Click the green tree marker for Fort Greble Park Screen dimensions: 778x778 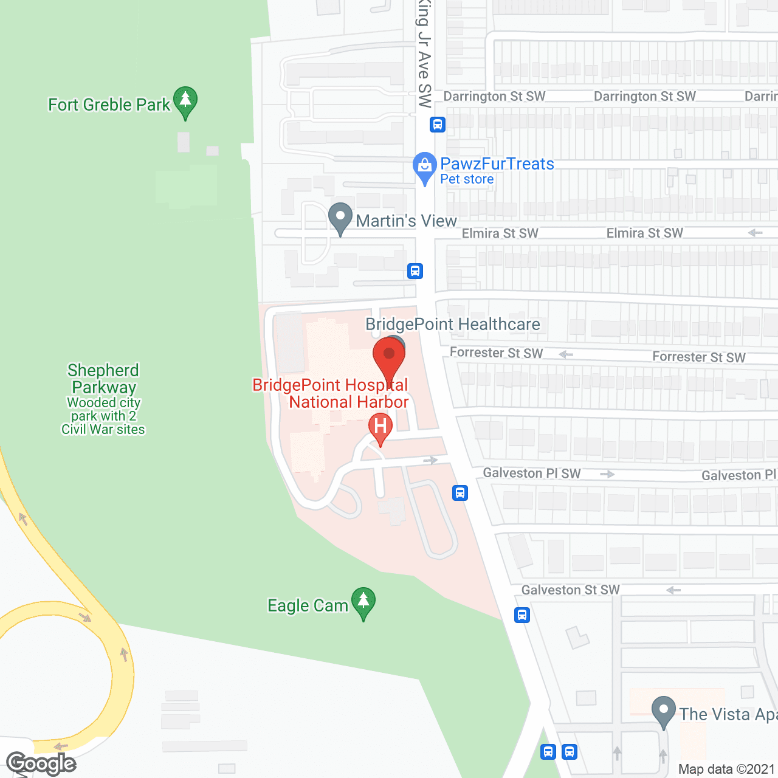tap(185, 102)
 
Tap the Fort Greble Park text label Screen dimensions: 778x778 tap(109, 105)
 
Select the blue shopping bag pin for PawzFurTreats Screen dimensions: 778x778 tap(424, 167)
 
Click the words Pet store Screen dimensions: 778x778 tap(467, 179)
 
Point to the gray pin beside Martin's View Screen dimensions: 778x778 tap(340, 218)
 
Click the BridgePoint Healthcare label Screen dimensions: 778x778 tap(453, 325)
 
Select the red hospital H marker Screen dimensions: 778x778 tap(380, 427)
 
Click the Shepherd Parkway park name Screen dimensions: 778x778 tap(104, 379)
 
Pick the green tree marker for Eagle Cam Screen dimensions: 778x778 tap(363, 602)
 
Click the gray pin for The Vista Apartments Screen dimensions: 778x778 tap(663, 711)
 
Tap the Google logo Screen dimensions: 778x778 tap(41, 763)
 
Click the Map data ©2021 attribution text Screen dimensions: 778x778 tap(727, 769)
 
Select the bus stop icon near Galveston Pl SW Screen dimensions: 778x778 tap(460, 493)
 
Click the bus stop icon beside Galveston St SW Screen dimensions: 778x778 tap(522, 615)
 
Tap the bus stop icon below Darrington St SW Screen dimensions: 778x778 tap(438, 125)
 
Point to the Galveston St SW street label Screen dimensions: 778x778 tap(571, 590)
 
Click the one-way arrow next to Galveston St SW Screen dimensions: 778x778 tap(673, 590)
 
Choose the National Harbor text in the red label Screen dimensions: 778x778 tap(349, 402)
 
